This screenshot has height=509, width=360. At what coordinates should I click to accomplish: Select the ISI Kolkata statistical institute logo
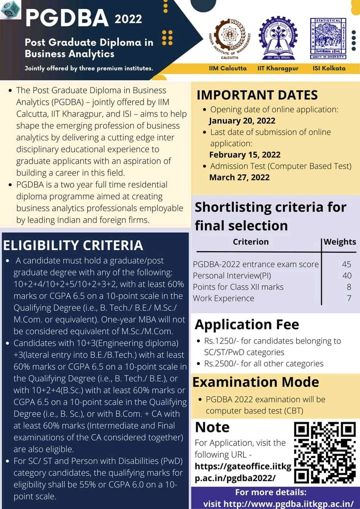(328, 38)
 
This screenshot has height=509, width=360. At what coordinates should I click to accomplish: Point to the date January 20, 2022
(242, 121)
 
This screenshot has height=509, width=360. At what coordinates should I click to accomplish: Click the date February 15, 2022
(245, 155)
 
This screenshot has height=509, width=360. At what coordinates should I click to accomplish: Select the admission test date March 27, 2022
(240, 177)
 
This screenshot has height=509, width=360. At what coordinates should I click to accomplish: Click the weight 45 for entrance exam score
(346, 264)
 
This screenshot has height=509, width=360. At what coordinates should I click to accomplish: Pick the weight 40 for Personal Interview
(346, 276)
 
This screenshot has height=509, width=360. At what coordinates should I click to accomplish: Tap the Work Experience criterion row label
(223, 298)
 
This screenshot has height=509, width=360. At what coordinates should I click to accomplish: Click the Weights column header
(340, 242)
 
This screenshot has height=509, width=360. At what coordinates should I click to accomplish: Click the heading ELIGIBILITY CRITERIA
(73, 245)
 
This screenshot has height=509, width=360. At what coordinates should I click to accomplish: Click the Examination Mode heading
(256, 382)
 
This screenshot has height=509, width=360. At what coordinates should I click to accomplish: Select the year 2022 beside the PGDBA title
(128, 19)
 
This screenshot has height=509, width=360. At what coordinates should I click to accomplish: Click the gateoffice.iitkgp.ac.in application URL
(243, 472)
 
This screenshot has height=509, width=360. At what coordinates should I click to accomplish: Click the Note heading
(212, 427)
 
